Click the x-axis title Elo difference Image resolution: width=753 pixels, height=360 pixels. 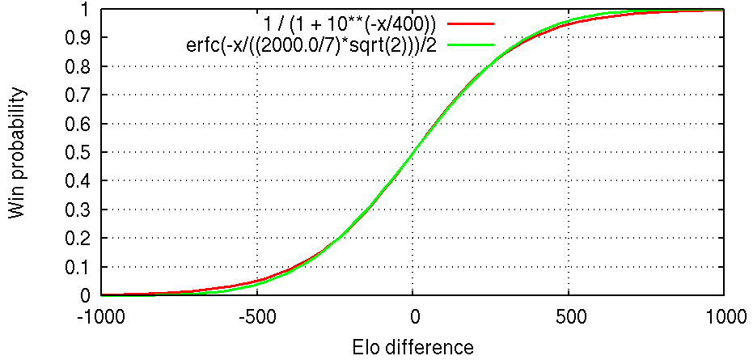click(x=412, y=348)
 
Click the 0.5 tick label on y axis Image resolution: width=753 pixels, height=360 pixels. click(x=78, y=153)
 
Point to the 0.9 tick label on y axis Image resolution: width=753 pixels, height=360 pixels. click(x=78, y=38)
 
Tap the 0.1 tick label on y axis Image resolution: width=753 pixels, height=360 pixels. click(x=78, y=267)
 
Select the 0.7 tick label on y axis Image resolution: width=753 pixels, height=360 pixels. click(x=78, y=95)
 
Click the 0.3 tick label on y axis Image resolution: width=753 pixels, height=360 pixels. click(x=78, y=210)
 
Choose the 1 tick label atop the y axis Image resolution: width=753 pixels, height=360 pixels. click(x=84, y=10)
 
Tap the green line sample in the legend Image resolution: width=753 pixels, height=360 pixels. click(x=468, y=44)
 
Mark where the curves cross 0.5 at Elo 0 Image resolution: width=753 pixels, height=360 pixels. click(x=412, y=153)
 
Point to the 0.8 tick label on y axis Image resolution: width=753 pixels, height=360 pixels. click(x=78, y=67)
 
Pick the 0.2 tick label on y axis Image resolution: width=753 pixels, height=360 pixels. click(x=78, y=239)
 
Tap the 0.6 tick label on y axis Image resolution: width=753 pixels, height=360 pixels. click(x=78, y=124)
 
